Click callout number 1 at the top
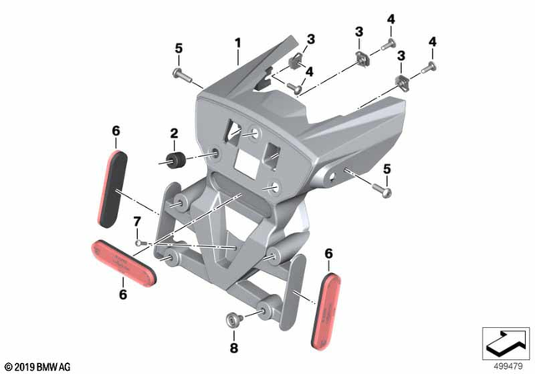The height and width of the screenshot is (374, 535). point(237,41)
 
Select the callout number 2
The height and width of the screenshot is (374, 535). point(174,133)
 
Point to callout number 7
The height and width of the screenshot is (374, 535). point(136,220)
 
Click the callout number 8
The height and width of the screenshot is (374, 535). point(234,346)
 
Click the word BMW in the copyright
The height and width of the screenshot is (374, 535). point(48,366)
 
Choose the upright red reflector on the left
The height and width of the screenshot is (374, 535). point(116,187)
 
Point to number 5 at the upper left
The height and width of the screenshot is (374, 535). point(178,48)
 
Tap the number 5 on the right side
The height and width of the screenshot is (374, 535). point(385,169)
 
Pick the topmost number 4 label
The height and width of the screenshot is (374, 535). point(390,19)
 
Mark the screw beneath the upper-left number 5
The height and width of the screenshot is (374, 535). point(183,75)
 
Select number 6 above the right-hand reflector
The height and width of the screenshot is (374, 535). point(329,253)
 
